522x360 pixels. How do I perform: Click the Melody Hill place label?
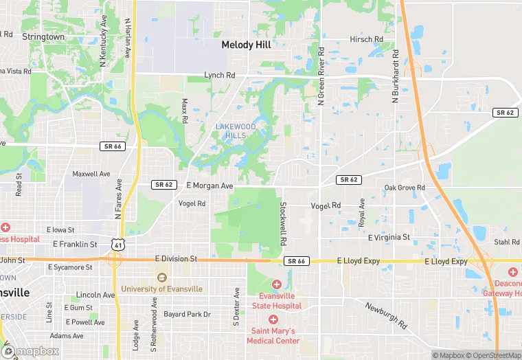246,45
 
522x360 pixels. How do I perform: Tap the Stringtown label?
43,36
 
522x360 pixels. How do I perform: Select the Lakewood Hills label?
236,131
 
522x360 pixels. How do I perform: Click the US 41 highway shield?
120,244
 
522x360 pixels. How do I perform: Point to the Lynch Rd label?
219,75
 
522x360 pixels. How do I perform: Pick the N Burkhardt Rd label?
396,76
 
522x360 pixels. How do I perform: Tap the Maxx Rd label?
184,111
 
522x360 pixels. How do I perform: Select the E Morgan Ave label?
210,185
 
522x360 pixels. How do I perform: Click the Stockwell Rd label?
282,224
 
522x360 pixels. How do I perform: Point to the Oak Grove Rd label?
405,188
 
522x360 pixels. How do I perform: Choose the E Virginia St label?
389,237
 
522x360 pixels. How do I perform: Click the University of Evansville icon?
161,278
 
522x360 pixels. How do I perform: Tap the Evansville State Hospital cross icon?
276,284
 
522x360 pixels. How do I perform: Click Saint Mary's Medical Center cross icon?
273,319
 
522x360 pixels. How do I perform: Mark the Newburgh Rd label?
387,316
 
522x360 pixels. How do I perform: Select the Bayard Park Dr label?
187,315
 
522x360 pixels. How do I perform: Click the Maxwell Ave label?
91,174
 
